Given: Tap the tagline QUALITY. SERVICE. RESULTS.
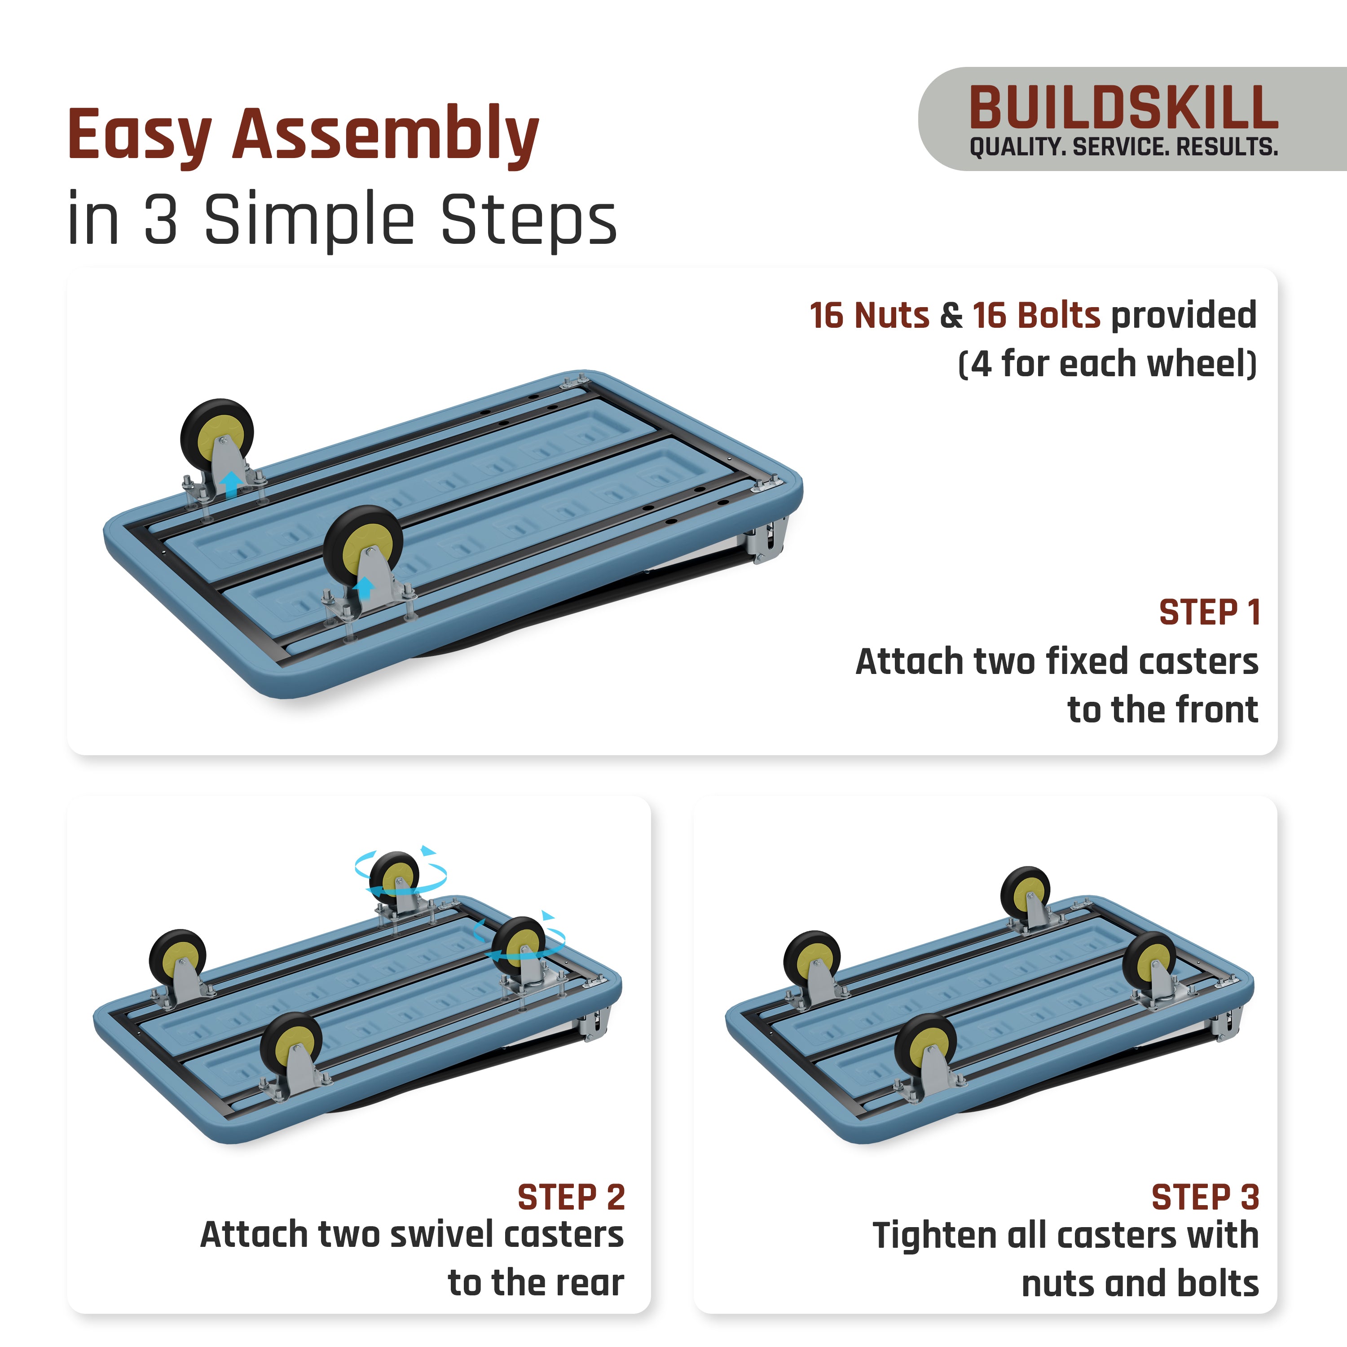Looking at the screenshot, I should click(1122, 147).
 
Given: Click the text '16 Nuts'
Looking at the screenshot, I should click(869, 315).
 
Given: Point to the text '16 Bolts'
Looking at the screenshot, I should click(1036, 315).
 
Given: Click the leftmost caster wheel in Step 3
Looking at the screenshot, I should click(812, 959).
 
